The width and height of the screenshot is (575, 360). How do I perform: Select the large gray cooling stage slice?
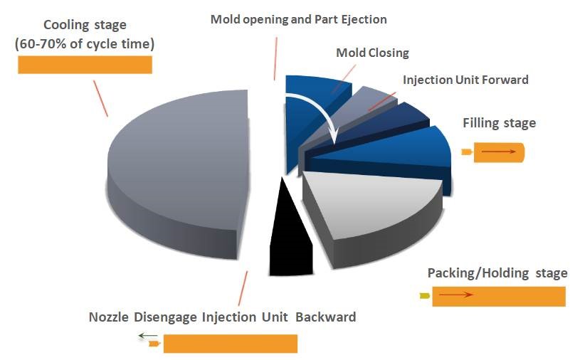[x=179, y=172]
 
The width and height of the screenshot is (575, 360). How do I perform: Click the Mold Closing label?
[x=373, y=53]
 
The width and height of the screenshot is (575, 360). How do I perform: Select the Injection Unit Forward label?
[x=465, y=80]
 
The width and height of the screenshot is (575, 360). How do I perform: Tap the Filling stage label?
[x=499, y=123]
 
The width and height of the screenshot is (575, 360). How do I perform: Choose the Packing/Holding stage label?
[x=497, y=273]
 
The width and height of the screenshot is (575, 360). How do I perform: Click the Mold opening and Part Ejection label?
[x=298, y=19]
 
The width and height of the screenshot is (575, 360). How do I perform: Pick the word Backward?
[x=326, y=317]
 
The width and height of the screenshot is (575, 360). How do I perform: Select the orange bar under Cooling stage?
[x=85, y=65]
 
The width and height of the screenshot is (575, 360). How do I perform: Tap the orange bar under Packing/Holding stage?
[x=499, y=297]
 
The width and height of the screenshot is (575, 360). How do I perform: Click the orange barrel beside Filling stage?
[x=499, y=152]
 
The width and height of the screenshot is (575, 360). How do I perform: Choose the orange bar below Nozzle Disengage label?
[x=231, y=344]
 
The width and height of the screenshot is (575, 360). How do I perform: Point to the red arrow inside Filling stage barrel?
[x=498, y=152]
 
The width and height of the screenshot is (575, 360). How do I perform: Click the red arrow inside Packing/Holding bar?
[x=455, y=295]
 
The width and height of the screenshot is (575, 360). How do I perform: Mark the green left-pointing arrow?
[x=148, y=335]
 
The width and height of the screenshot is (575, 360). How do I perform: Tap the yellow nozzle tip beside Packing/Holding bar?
[x=425, y=295]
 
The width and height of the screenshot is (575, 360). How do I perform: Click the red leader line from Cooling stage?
[x=100, y=99]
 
